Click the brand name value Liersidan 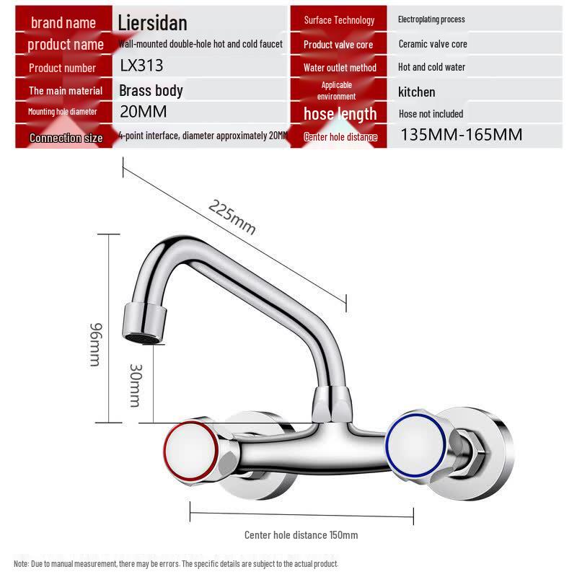(x=152, y=22)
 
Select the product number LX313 (x=141, y=66)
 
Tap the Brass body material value (x=151, y=91)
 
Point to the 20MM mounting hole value (x=143, y=112)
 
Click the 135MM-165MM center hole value (x=461, y=135)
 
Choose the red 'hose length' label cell (x=340, y=114)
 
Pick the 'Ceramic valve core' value (x=433, y=44)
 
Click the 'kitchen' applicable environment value (x=417, y=92)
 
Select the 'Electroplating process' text (x=431, y=19)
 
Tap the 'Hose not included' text (x=431, y=114)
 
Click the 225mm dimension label (x=232, y=216)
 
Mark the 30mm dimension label (x=135, y=384)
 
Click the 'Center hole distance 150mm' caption (x=301, y=535)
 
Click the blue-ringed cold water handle (x=413, y=441)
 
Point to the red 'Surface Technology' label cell (x=339, y=20)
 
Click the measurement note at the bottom (x=176, y=563)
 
